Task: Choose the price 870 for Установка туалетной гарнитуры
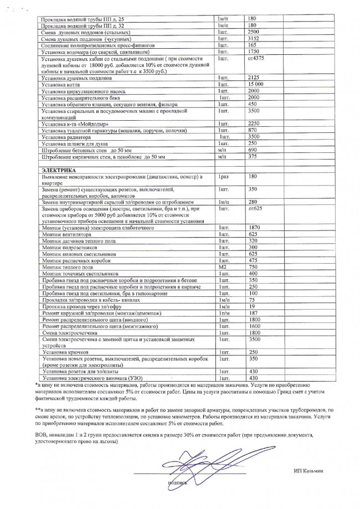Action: [253, 130]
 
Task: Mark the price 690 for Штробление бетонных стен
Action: [253, 150]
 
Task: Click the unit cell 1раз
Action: [224, 176]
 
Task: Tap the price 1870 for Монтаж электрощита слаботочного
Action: [254, 228]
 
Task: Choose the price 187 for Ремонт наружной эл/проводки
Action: [253, 313]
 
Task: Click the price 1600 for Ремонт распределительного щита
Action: [254, 327]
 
